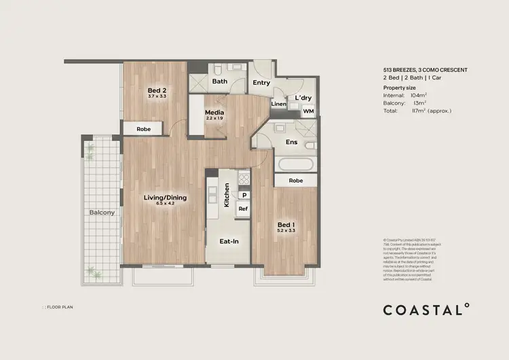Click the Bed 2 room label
click(x=157, y=90)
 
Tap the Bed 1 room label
click(x=286, y=225)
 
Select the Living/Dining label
click(x=165, y=198)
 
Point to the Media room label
click(x=214, y=112)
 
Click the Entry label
click(x=261, y=83)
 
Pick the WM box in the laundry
click(x=308, y=111)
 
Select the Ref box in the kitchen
click(x=242, y=209)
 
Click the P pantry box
click(x=242, y=196)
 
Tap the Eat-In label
click(x=228, y=241)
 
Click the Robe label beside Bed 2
click(x=143, y=128)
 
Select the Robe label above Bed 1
click(x=295, y=181)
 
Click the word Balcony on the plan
click(x=102, y=213)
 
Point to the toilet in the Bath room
click(x=214, y=70)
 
